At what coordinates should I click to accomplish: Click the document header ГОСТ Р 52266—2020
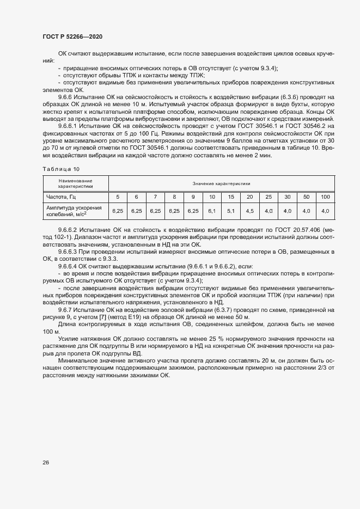point(72,36)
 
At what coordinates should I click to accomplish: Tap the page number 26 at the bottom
point(46,463)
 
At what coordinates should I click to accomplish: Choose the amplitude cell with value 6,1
point(212,211)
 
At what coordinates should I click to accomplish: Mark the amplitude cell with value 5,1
point(231,211)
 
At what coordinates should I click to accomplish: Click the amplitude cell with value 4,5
point(250,211)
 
